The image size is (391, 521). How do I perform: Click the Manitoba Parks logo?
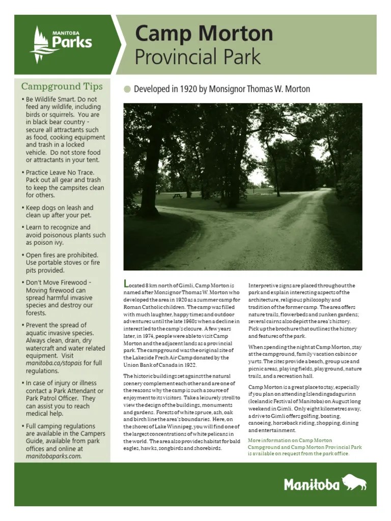click(x=61, y=43)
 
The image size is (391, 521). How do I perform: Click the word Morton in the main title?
click(x=236, y=34)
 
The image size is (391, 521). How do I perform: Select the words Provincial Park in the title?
click(x=198, y=57)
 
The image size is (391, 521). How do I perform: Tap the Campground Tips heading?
click(x=62, y=86)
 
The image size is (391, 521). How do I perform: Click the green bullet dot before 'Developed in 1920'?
click(x=127, y=90)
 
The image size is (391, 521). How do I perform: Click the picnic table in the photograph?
click(x=177, y=195)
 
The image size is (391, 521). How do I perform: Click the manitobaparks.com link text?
click(x=53, y=456)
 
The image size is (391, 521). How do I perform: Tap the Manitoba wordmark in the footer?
click(x=312, y=484)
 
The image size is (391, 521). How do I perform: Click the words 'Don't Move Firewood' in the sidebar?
click(x=58, y=282)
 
